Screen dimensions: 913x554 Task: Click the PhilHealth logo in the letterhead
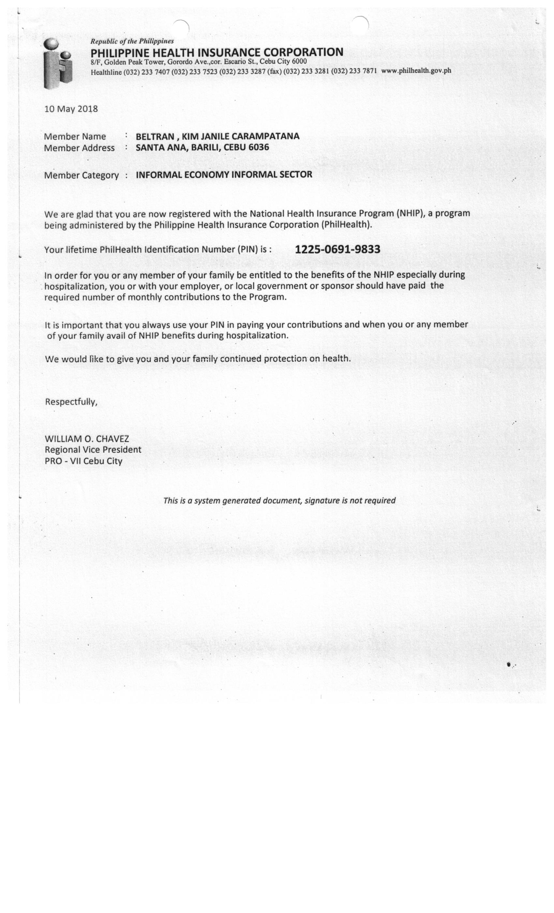(57, 64)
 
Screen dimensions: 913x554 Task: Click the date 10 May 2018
(71, 109)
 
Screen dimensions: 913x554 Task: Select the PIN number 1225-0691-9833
(337, 249)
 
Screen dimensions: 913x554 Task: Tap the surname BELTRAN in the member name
(154, 136)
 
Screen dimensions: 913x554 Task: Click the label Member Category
(81, 175)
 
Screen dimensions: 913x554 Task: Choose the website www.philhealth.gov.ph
(416, 70)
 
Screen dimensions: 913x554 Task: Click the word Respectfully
(71, 402)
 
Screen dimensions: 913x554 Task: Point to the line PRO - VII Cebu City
(83, 461)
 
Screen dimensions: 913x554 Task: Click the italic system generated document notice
(279, 501)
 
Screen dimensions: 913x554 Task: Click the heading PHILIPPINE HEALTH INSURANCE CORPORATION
(217, 52)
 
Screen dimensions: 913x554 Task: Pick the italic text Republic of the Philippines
(132, 41)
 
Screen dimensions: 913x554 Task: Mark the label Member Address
(79, 148)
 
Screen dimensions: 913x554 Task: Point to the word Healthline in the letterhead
(106, 72)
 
